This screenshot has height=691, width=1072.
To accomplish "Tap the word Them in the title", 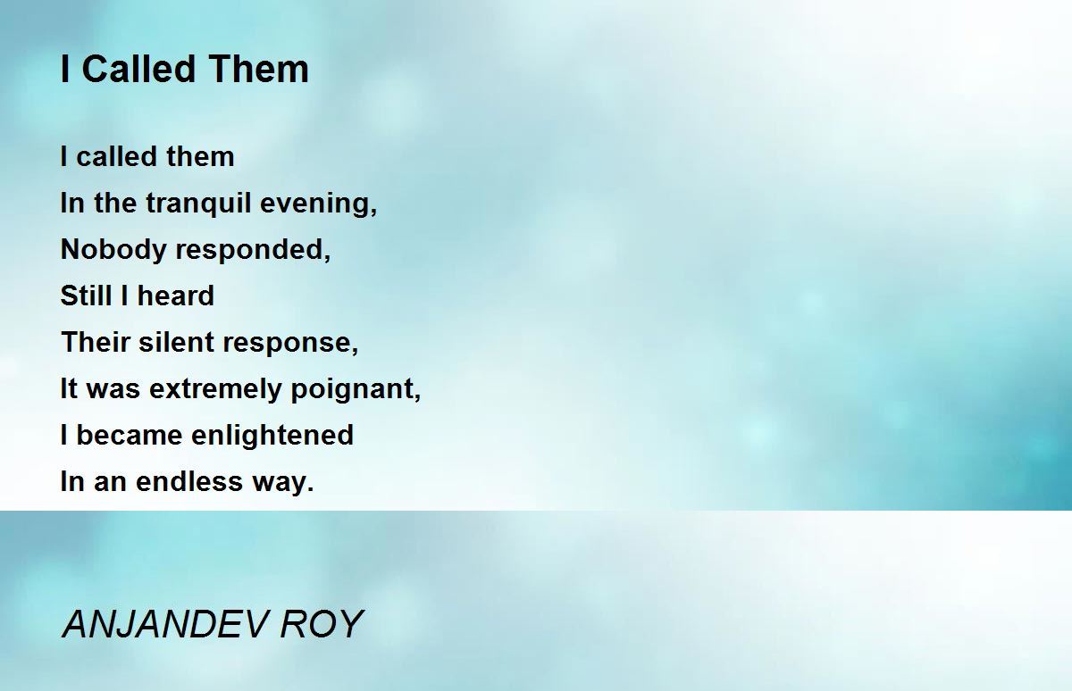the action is click(x=259, y=69).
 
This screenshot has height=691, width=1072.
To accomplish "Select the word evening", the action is click(x=319, y=204).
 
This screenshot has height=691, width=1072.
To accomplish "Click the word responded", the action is click(x=253, y=251).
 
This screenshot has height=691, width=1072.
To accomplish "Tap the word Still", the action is click(x=86, y=296).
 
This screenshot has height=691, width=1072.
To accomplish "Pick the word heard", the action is click(x=176, y=296).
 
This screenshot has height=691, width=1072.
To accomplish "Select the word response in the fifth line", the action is click(x=290, y=344).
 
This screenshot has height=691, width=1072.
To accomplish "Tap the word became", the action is click(x=130, y=435).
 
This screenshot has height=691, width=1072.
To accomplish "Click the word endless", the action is click(x=189, y=481).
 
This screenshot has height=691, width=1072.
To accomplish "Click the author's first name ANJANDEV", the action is click(x=164, y=625).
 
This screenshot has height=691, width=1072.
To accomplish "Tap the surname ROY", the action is click(x=322, y=625).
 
